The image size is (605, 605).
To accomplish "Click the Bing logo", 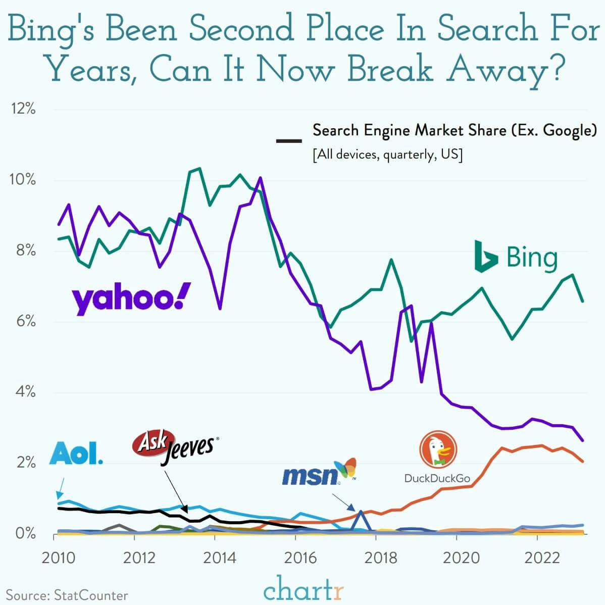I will click(x=516, y=257).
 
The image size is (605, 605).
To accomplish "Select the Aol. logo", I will click(x=76, y=453).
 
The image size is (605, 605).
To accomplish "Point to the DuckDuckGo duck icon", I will click(x=438, y=449).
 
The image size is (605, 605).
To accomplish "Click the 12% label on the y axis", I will click(x=22, y=109).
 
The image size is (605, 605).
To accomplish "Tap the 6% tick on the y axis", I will click(x=22, y=321).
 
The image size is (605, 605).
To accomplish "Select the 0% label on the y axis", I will click(x=22, y=533).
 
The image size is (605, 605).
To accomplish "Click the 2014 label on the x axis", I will click(x=215, y=558).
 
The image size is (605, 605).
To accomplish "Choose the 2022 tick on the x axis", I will click(x=538, y=558).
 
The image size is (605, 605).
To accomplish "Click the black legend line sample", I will click(x=289, y=140).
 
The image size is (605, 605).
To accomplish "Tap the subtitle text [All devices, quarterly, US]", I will click(x=387, y=154).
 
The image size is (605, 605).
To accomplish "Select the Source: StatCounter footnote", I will click(x=67, y=595).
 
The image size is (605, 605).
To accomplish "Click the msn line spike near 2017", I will click(x=361, y=512).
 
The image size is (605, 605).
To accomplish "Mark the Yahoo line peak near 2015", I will click(x=260, y=178).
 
